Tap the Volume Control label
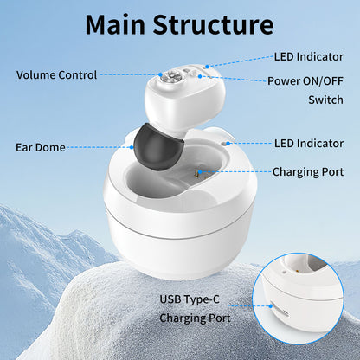(56, 74)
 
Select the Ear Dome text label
(41, 147)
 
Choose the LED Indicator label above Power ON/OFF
(309, 57)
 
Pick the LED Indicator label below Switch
(309, 142)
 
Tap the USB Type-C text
(194, 299)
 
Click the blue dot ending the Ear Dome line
(133, 147)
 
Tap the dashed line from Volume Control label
(130, 74)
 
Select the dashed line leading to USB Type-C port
(251, 305)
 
